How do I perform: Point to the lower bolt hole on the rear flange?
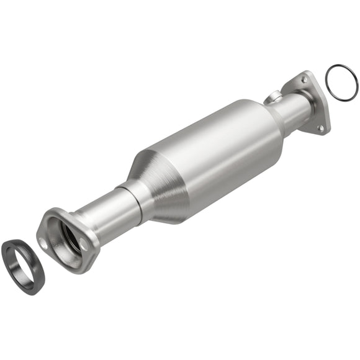pyautogui.click(x=321, y=128)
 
